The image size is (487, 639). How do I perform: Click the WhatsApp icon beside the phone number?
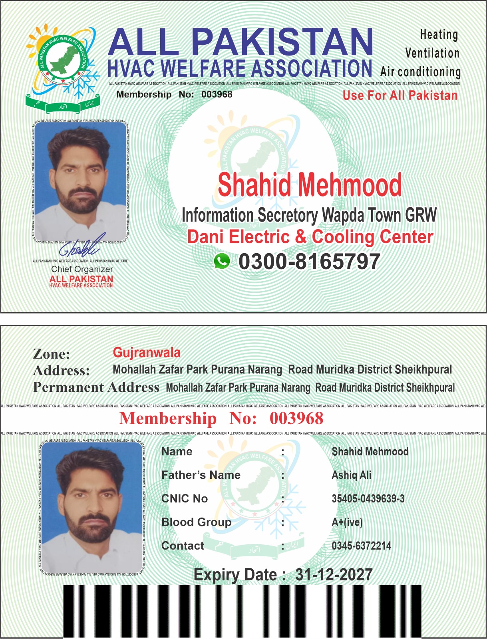(222, 261)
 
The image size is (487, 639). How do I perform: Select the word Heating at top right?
(439, 35)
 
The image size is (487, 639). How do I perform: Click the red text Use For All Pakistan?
(400, 95)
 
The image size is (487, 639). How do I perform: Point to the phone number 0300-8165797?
(309, 262)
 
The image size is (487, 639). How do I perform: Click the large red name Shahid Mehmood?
(310, 185)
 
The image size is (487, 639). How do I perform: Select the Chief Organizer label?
(82, 269)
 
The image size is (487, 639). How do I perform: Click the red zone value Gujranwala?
(147, 352)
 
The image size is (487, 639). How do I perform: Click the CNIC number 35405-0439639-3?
(368, 498)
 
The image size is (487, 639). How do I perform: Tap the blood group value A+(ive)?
(347, 522)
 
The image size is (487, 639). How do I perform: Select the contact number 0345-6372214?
(361, 546)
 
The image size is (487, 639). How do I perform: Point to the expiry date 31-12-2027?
(334, 575)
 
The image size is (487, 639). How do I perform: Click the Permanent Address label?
(96, 387)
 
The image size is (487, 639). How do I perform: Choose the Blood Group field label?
(196, 522)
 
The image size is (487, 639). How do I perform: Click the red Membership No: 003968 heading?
(221, 419)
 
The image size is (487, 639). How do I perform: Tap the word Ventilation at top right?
(432, 53)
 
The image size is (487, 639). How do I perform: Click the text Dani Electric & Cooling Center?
(310, 237)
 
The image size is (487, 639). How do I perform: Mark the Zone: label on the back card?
(51, 354)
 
